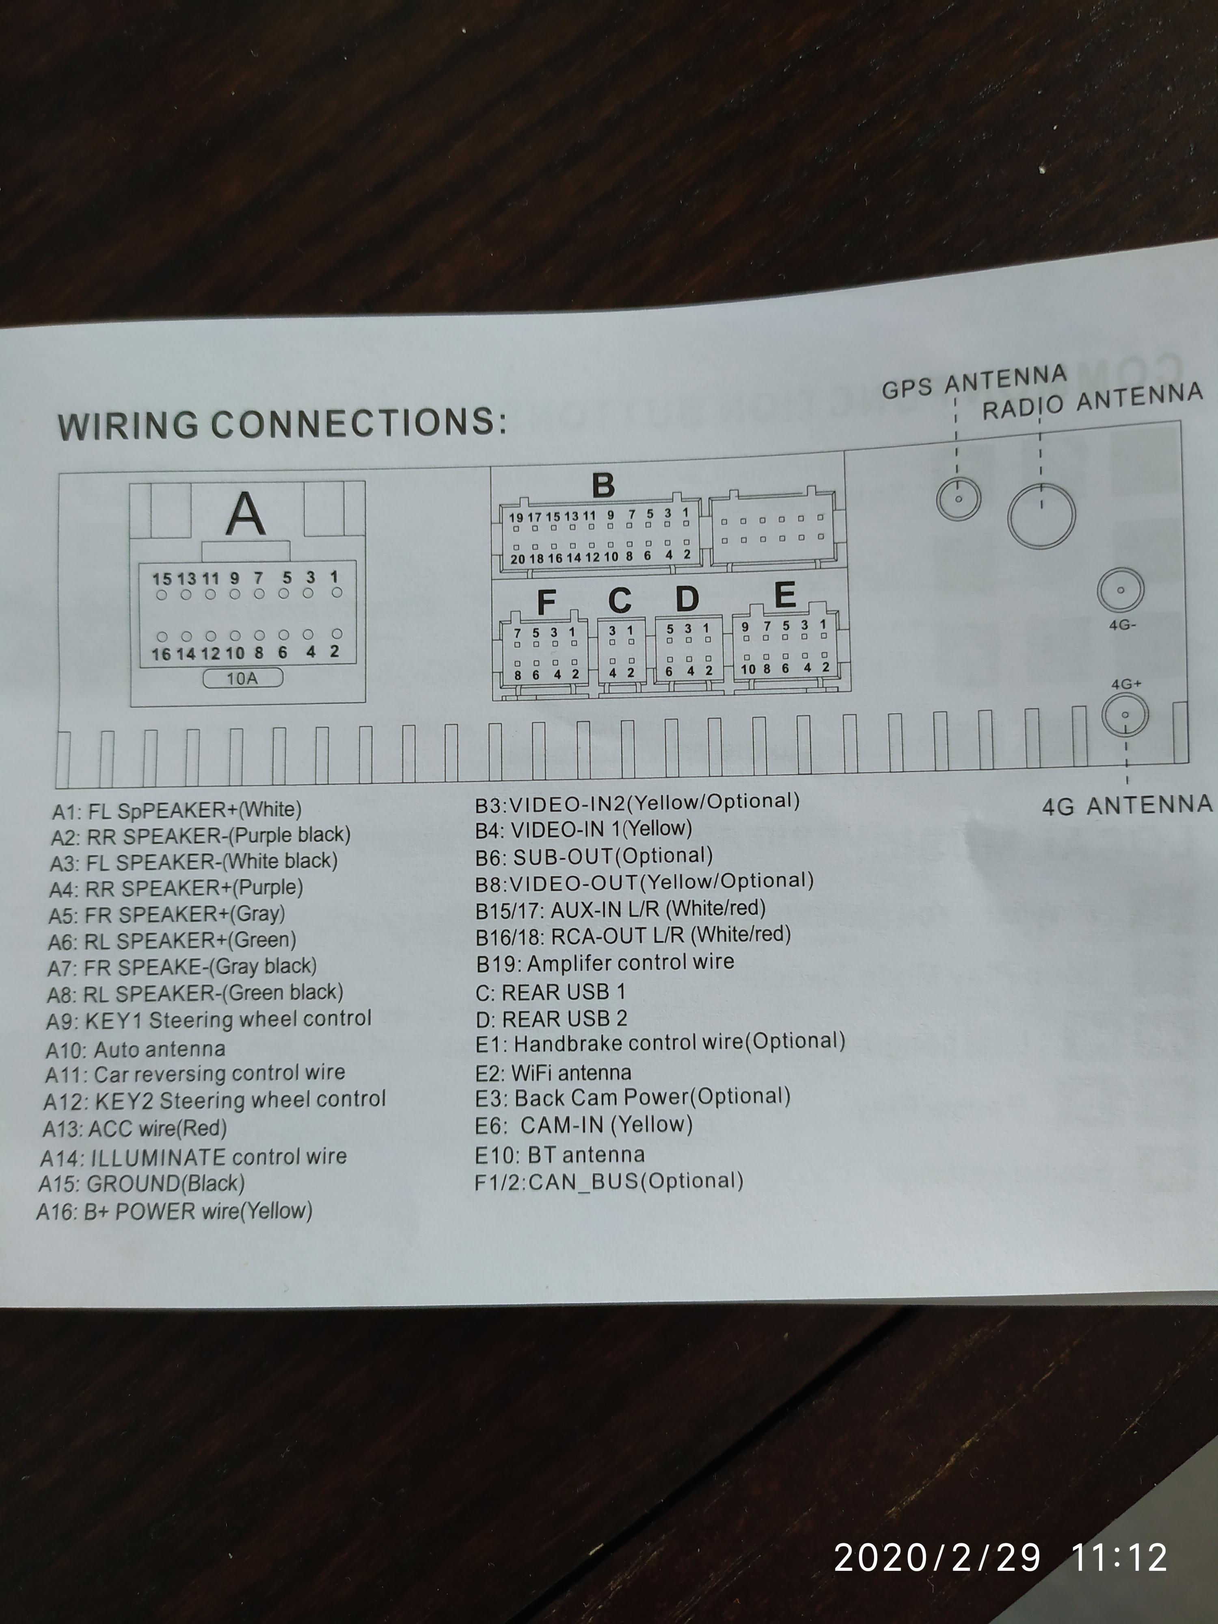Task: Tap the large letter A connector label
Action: click(x=245, y=514)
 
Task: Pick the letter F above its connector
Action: click(x=546, y=602)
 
